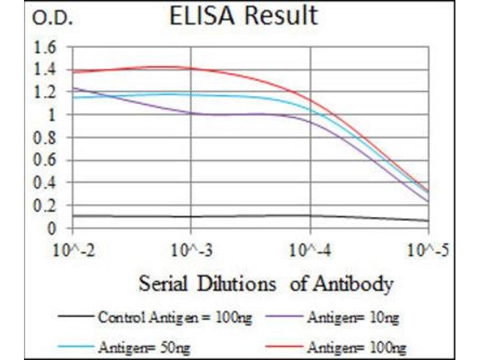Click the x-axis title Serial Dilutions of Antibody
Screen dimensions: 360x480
coord(266,283)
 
